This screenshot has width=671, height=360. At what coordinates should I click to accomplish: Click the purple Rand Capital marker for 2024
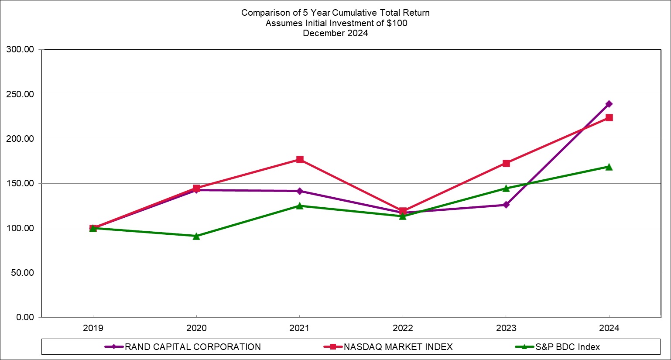tap(609, 104)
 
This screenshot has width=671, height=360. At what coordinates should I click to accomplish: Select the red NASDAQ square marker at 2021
tap(300, 159)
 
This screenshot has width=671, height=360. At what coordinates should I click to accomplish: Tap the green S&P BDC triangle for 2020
tap(196, 237)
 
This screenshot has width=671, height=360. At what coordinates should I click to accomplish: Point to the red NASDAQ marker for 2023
tap(506, 163)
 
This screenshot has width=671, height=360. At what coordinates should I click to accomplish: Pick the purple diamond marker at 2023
tap(506, 205)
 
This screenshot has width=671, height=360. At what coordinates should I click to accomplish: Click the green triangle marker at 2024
tap(609, 167)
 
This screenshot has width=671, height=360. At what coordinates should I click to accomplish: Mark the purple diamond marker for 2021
tap(300, 191)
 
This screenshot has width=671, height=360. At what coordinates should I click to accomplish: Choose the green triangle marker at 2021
tap(300, 206)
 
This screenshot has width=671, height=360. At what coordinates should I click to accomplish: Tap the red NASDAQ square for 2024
tap(609, 118)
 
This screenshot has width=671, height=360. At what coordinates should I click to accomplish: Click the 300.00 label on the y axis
tap(20, 49)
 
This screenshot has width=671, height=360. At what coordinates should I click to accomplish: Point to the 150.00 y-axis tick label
tap(20, 183)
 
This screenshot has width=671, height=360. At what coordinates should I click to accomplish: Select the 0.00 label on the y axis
tap(25, 317)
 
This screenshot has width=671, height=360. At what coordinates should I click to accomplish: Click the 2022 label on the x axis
tap(403, 328)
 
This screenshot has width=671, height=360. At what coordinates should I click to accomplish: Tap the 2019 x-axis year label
tap(93, 328)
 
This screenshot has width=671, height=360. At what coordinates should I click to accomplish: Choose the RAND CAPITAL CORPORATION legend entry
tap(182, 347)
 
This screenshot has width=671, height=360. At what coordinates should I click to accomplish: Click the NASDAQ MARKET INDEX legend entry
tap(388, 347)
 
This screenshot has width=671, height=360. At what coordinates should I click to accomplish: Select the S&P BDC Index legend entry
tap(558, 347)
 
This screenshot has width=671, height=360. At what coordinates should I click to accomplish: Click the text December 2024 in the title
tap(335, 33)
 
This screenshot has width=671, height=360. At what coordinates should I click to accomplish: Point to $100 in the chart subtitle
tap(397, 23)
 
